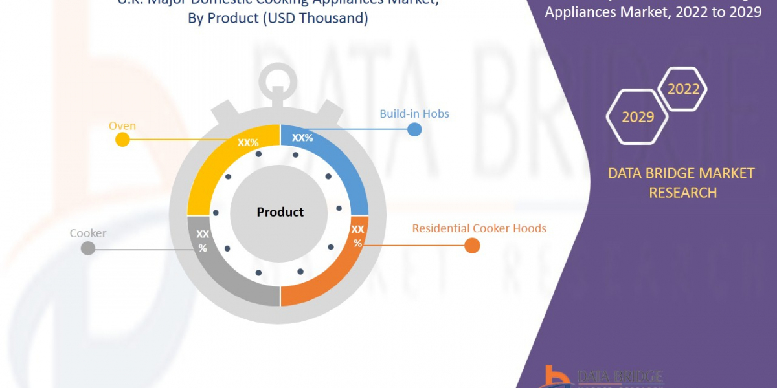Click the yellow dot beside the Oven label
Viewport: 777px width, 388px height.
[122, 140]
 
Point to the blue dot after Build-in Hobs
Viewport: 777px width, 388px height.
[414, 129]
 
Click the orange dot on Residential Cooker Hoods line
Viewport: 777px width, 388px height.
[472, 246]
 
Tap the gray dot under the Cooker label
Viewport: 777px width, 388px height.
[88, 248]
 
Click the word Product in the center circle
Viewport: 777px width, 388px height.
[280, 212]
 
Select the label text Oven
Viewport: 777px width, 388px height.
[122, 125]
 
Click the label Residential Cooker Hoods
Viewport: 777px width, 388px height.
[479, 228]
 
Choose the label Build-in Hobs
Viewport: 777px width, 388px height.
[414, 114]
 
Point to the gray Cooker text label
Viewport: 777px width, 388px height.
[88, 233]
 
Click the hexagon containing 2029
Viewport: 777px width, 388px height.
[637, 116]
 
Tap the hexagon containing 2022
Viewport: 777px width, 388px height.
[683, 89]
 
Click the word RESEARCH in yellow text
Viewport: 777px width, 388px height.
[682, 193]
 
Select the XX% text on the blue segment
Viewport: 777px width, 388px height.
[302, 138]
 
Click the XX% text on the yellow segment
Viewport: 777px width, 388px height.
[248, 142]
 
